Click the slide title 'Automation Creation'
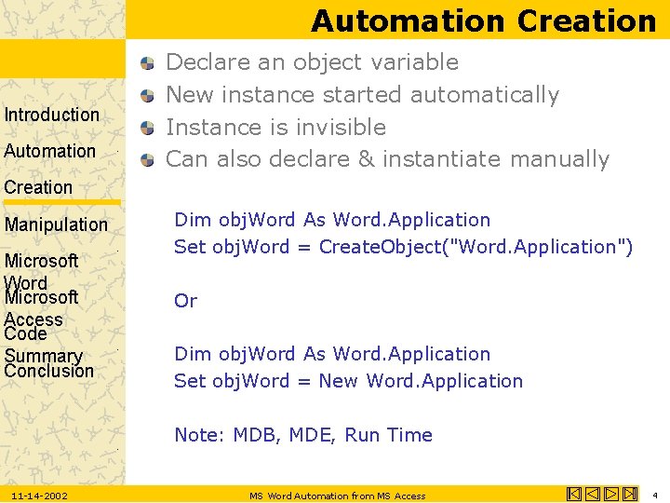tap(483, 20)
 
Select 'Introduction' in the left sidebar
tap(52, 115)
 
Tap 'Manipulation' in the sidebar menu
tap(56, 224)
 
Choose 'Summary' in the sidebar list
tap(43, 356)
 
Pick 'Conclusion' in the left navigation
tap(48, 371)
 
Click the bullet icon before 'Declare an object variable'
tap(148, 63)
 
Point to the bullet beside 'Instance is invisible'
tap(148, 128)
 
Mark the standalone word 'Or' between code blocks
tap(185, 301)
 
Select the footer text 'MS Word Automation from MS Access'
tap(337, 496)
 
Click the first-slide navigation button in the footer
tap(573, 495)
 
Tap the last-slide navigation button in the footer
tap(631, 495)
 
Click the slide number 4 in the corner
tap(655, 496)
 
